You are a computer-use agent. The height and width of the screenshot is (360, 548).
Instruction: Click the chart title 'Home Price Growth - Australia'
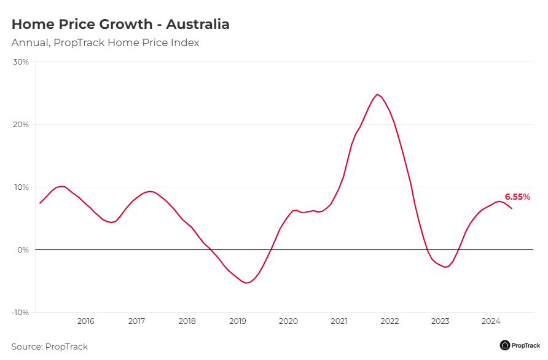pos(120,25)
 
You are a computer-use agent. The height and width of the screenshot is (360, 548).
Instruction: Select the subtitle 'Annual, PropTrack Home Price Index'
pos(105,43)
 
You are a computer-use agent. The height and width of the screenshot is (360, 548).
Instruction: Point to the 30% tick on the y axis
pos(21,62)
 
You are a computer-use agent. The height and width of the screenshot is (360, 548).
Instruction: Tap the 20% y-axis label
pos(21,125)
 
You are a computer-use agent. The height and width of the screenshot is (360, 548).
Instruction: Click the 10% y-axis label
pos(21,187)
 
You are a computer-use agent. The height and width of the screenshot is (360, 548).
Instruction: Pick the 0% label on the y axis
pos(23,250)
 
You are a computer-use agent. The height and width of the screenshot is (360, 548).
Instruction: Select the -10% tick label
pos(20,313)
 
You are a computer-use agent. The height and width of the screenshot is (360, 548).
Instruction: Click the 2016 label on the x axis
pos(86,321)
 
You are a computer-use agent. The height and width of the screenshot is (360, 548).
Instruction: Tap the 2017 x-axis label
pos(136,321)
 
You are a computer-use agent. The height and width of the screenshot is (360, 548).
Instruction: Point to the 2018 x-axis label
pos(187,321)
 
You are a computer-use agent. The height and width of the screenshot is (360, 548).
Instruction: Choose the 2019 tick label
pos(238,321)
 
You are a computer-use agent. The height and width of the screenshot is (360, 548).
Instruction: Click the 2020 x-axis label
pos(289,321)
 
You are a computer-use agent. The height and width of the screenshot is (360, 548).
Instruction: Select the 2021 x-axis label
pos(339,321)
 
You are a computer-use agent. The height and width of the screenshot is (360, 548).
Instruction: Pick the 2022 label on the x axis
pos(389,321)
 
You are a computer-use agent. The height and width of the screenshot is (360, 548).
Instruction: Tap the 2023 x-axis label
pos(440,321)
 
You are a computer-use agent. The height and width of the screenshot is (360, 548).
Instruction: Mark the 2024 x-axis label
pos(491,321)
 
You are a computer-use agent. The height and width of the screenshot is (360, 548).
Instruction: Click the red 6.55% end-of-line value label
pos(517,197)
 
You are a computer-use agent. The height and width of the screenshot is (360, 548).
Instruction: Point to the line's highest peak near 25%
pos(377,95)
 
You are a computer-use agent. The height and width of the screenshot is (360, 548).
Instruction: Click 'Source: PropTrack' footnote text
pos(50,346)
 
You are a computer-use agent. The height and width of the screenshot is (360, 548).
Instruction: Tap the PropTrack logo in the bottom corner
pos(520,345)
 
